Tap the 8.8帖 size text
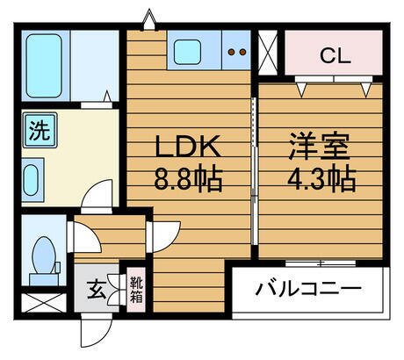[186, 180]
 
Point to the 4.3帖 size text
[320, 180]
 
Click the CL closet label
[335, 57]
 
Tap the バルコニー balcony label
[309, 288]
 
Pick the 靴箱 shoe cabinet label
[137, 289]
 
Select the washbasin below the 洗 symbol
[32, 179]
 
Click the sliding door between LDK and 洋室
[253, 176]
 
